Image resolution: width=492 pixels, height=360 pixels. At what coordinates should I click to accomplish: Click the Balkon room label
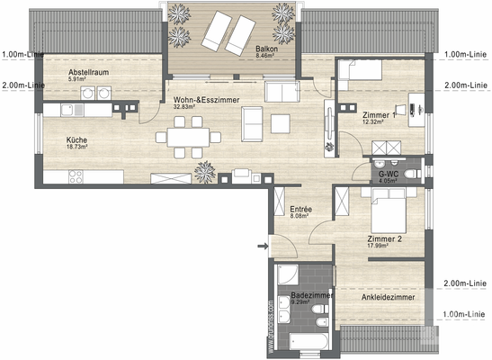(x=266, y=49)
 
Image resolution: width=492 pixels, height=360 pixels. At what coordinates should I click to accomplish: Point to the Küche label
(x=76, y=140)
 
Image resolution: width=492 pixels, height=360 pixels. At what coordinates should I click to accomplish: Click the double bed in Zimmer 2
(x=381, y=206)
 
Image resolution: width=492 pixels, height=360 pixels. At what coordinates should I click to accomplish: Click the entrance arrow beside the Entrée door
(x=262, y=244)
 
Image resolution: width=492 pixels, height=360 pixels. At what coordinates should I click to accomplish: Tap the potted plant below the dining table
(x=206, y=169)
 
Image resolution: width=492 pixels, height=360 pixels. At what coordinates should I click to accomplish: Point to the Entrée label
(x=300, y=209)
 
